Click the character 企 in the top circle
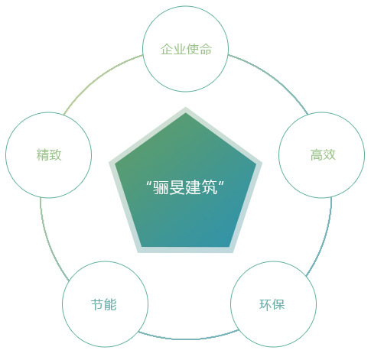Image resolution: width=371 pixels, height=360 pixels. pos(167,49)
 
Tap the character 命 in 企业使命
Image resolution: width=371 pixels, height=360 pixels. pos(206,49)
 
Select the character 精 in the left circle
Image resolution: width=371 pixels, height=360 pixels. pos(43,154)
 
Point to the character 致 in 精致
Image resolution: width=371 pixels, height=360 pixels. pos(55,154)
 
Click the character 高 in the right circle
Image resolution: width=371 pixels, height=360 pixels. pos(317,154)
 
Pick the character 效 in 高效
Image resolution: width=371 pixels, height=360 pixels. pos(329,154)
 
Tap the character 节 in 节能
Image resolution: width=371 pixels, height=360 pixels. pos(97,304)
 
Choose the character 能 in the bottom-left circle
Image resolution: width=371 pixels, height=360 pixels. pos(110,304)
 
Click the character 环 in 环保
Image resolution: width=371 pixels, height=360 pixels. pos(265,304)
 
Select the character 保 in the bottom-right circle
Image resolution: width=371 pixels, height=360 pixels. pos(278,304)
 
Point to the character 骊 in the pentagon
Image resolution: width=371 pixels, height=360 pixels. pos(161,187)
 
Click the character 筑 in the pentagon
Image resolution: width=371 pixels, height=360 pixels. pos(209,187)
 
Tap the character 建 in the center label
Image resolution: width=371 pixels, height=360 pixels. pos(193,187)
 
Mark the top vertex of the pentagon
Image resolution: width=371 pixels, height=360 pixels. pos(185,107)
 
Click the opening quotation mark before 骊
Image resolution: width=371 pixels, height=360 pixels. pos(149,183)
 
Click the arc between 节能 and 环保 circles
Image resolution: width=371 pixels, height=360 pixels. pos(189,339)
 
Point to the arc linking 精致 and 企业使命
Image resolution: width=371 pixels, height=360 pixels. pos(98,76)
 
